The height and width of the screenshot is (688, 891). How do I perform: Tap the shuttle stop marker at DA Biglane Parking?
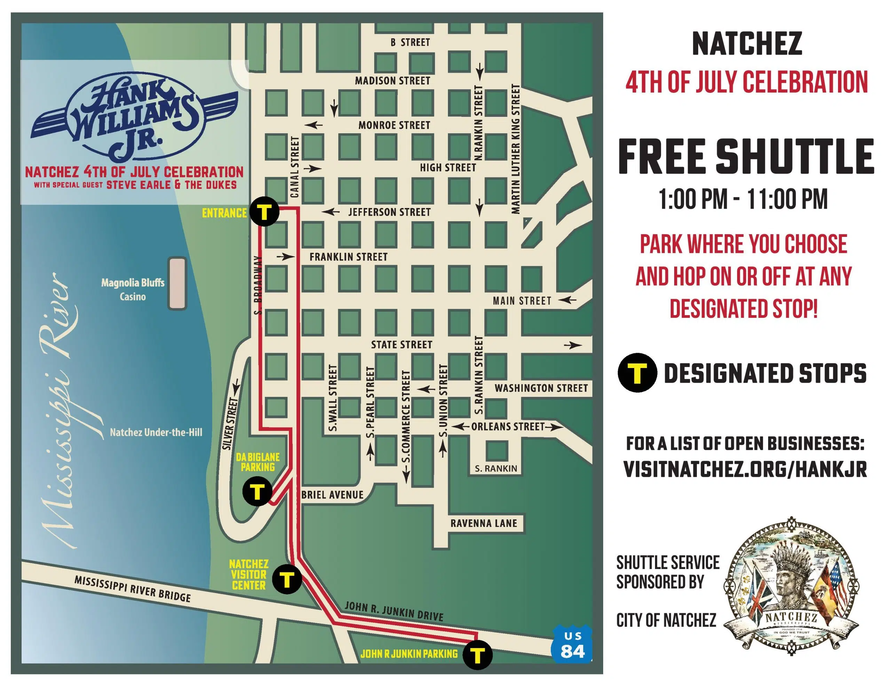coord(257,492)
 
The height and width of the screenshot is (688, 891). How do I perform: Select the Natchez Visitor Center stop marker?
coord(287,579)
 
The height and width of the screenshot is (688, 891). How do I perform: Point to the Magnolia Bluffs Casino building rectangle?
coord(178,283)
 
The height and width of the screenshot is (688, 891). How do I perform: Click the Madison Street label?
coord(393,81)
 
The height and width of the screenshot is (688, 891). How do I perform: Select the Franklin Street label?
coord(348,257)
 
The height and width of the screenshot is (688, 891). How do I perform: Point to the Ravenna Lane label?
coord(483,523)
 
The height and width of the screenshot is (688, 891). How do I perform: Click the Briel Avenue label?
coord(332,495)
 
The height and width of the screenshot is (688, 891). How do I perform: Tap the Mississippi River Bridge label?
coord(132,589)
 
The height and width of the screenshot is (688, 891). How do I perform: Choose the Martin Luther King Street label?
coord(516,149)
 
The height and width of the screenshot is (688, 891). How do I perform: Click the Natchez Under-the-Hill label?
coord(156,432)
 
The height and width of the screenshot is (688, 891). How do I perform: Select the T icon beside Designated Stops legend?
coord(637,373)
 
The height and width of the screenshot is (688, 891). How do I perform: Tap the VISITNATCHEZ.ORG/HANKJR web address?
coord(745,470)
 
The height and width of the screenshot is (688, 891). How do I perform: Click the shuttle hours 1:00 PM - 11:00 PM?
coord(743,199)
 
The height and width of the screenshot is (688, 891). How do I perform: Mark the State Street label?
coord(401,345)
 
